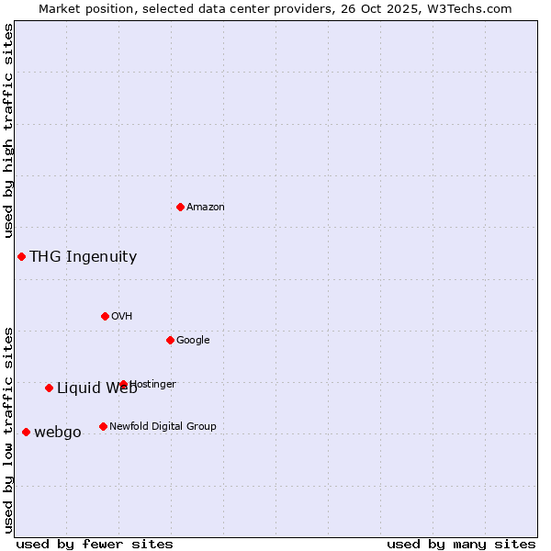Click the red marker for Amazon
point(180,207)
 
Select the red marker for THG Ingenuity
point(21,256)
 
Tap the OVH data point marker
point(105,316)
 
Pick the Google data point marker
point(170,340)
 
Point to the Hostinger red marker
point(123,384)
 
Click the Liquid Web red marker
point(49,388)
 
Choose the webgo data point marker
point(26,432)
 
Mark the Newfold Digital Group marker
point(103,426)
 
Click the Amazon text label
point(206,208)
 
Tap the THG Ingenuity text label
point(83,257)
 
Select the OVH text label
point(122,317)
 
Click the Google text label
point(193,341)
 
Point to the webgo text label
point(58,433)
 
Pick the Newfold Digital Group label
point(163,427)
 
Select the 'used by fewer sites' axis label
point(95,544)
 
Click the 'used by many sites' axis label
point(461,544)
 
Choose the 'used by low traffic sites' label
point(9,429)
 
